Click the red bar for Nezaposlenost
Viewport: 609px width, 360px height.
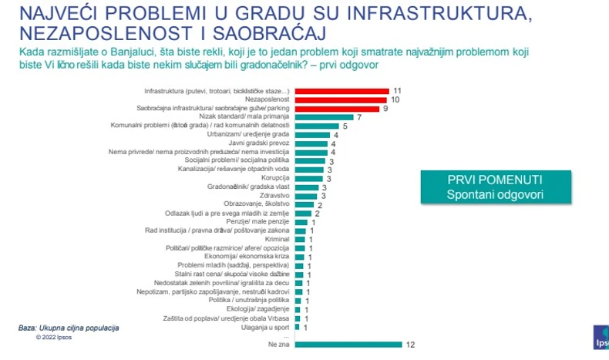point(340,99)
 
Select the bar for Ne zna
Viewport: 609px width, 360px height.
point(346,345)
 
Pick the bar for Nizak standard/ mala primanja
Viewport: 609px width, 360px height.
point(325,117)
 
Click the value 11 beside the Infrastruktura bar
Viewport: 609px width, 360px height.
point(397,91)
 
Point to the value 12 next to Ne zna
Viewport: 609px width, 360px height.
point(410,345)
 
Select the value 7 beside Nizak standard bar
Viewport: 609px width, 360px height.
point(359,117)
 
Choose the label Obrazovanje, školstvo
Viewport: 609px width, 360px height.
point(257,204)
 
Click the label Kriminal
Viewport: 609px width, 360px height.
point(277,240)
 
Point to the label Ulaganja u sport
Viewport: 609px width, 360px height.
point(266,327)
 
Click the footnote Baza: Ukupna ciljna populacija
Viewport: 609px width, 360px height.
point(69,328)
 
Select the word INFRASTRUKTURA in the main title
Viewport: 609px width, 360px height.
point(442,13)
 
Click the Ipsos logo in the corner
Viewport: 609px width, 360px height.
point(601,339)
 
